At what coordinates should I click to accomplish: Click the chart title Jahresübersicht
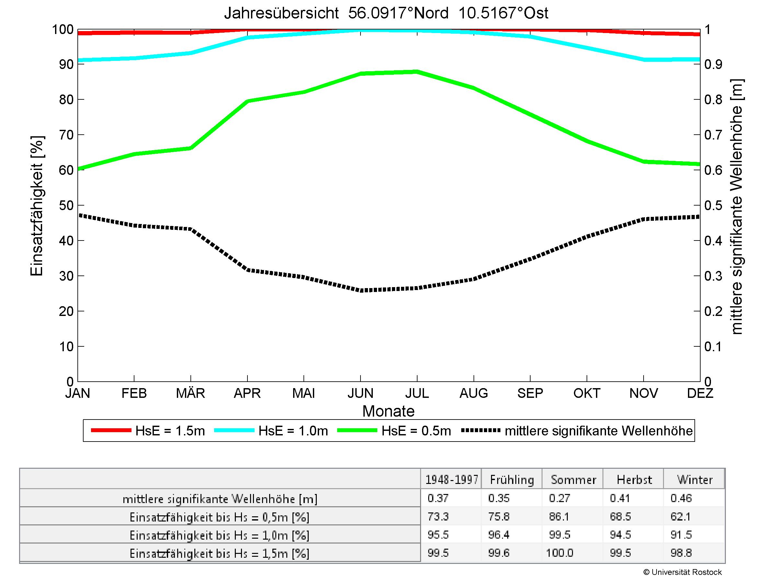coord(386,13)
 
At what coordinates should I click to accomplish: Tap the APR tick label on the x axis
coord(247,393)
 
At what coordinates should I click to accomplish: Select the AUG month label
coord(474,393)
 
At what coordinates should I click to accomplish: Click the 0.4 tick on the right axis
coord(713,241)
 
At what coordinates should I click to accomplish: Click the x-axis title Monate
coord(388,411)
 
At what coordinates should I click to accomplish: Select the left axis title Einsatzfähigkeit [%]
coord(37,206)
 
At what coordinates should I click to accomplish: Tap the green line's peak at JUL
coord(417,72)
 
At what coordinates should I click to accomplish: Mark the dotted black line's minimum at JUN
coord(360,291)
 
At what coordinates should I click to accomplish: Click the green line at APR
coord(247,101)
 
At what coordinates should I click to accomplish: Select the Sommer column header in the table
coord(573,480)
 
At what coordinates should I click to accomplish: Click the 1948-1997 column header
coord(452,480)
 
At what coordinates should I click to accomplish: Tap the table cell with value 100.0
coord(559,553)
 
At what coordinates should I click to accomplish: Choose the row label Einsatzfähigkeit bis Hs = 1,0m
coord(220,535)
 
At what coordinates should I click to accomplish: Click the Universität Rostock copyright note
coord(682,572)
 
